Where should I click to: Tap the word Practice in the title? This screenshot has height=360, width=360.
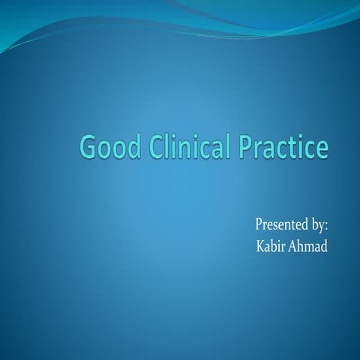tap(283, 145)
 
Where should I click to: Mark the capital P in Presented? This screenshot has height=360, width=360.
tap(259, 224)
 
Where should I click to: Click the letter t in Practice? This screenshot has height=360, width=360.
tap(295, 145)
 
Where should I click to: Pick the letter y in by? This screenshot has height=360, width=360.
tap(322, 226)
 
